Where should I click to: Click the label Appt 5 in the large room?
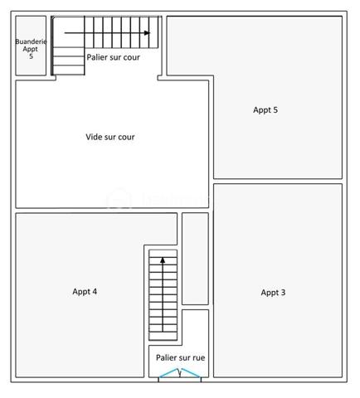[x=265, y=109]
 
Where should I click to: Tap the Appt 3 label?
[x=273, y=292]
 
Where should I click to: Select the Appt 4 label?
[x=85, y=291]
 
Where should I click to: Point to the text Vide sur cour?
[x=110, y=137]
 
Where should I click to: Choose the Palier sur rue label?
[x=180, y=357]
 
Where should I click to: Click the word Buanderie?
[x=31, y=41]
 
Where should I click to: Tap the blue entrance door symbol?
[x=180, y=375]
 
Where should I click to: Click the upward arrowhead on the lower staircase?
[x=163, y=260]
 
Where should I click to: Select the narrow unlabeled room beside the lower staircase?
[x=195, y=258]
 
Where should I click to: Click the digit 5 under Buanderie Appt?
[x=31, y=56]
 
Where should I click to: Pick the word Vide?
[x=94, y=137]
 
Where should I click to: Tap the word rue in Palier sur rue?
[x=197, y=357]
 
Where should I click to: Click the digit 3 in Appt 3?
[x=284, y=292]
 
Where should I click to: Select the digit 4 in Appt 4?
[x=95, y=291]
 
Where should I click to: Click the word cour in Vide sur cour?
[x=126, y=137]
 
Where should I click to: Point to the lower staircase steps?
[x=163, y=298]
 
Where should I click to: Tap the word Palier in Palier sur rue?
[x=167, y=357]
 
